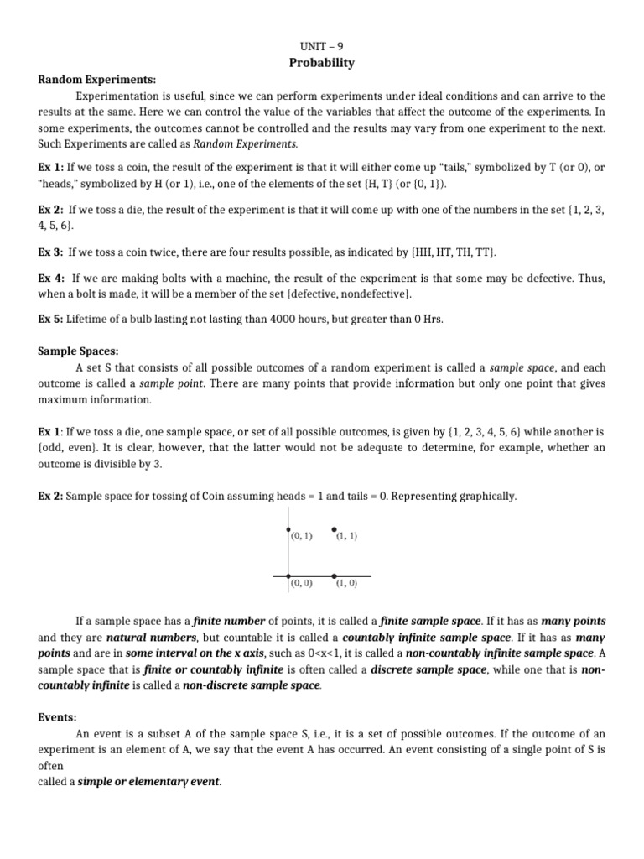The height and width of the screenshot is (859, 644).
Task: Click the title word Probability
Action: click(322, 63)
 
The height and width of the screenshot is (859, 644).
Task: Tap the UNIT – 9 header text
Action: click(322, 47)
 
